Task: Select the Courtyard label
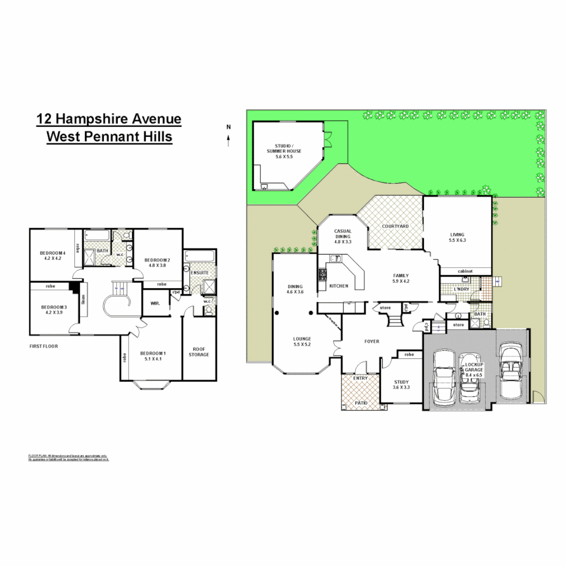tap(395, 226)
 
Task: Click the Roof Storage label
tap(199, 351)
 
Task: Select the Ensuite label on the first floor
tap(200, 273)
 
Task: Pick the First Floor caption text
tap(43, 346)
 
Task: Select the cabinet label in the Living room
tap(465, 271)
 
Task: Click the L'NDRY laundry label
tap(462, 289)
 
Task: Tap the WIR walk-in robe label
tap(155, 303)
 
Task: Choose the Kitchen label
tap(339, 286)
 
